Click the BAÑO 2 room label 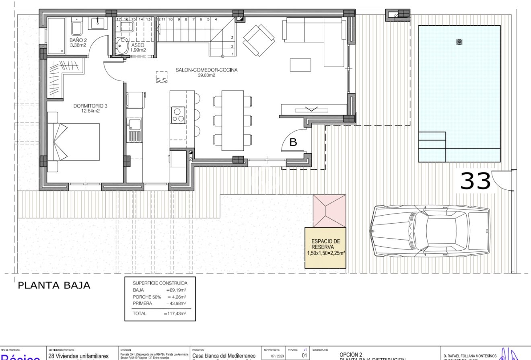(x=78, y=43)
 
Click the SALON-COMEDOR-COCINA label (x=206, y=72)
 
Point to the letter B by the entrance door (x=293, y=142)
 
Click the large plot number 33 (x=475, y=181)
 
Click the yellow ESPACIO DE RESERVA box (x=325, y=248)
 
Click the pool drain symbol (x=459, y=41)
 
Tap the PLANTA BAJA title (x=54, y=286)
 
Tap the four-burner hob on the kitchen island (x=178, y=115)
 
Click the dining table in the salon (x=233, y=120)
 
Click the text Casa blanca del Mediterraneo (x=224, y=356)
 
